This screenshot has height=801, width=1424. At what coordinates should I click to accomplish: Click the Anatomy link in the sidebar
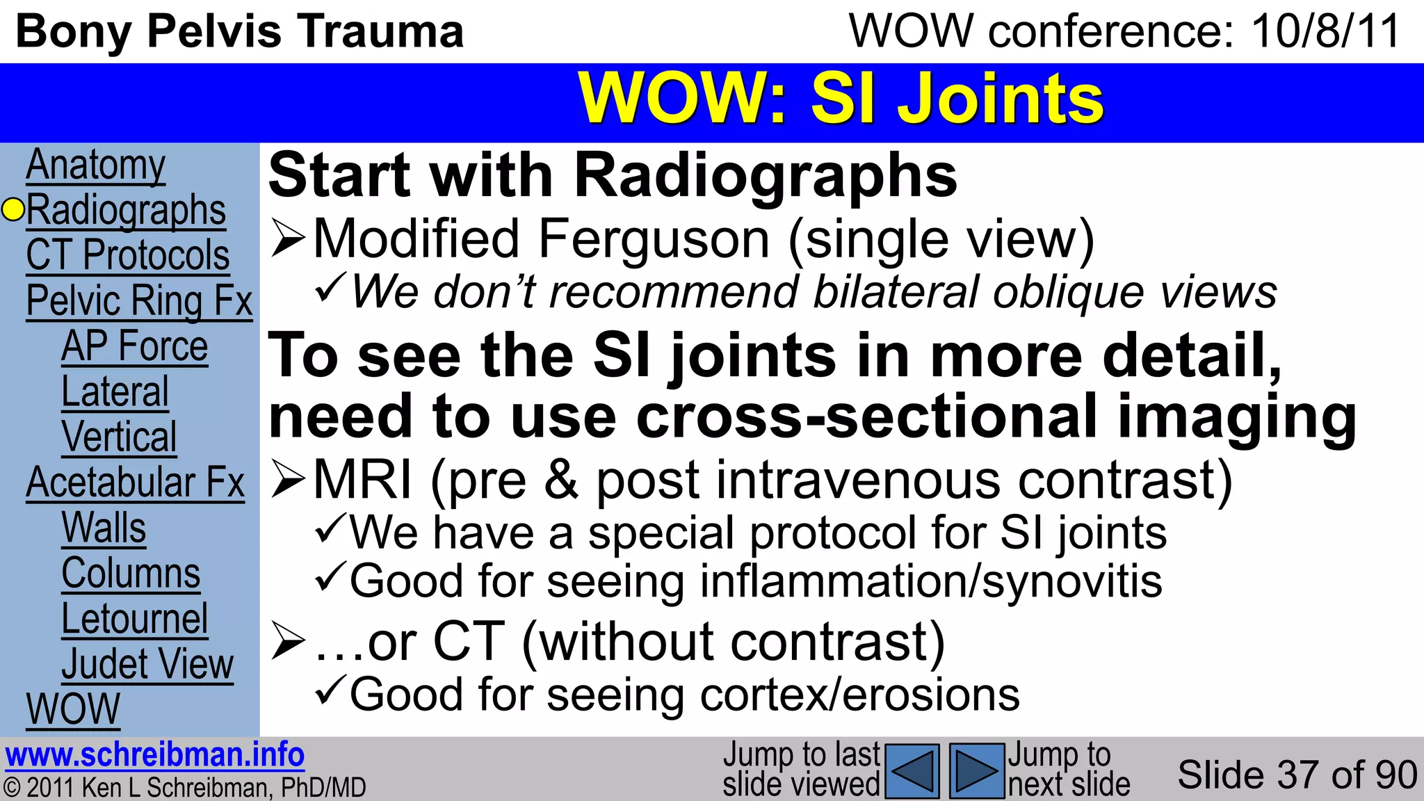(96, 165)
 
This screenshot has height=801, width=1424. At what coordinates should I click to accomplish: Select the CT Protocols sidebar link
(128, 255)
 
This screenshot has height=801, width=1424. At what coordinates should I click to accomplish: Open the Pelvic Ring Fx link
(139, 301)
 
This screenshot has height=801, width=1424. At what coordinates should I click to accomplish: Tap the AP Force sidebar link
(135, 346)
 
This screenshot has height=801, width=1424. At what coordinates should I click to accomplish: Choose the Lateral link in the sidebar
(115, 391)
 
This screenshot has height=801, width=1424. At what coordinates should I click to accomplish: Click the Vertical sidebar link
(120, 437)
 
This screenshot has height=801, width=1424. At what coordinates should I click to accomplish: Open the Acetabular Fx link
(136, 483)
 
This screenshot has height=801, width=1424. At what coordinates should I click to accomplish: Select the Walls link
(104, 528)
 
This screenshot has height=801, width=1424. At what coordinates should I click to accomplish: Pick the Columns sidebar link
(131, 573)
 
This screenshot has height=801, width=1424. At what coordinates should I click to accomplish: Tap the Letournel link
(135, 619)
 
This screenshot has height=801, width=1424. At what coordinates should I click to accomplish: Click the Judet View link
(147, 664)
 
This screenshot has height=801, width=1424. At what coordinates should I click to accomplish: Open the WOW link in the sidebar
(73, 709)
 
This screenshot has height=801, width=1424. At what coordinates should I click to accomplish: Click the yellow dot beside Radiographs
(13, 209)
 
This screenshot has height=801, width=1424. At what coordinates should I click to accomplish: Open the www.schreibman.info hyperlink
(154, 755)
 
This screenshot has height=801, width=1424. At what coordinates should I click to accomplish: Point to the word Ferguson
(654, 240)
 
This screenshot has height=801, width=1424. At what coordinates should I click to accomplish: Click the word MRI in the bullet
(363, 480)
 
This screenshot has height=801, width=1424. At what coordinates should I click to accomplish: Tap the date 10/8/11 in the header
(1325, 32)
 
